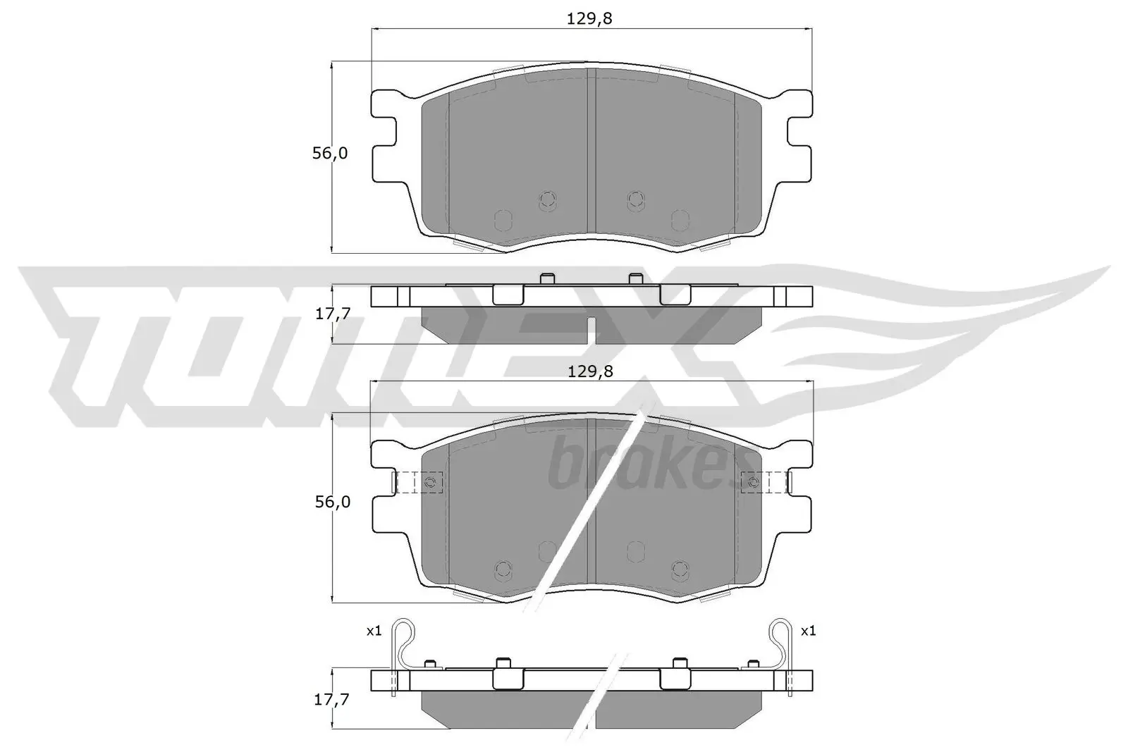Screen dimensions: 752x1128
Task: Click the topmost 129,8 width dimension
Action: pos(589,19)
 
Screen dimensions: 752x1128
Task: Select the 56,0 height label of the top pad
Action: pos(330,153)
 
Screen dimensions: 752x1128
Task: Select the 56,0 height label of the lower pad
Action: pos(330,502)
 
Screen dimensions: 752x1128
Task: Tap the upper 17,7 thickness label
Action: pos(332,314)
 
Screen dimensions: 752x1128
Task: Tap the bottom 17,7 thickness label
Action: pos(332,700)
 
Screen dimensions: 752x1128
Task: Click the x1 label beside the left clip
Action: pos(374,631)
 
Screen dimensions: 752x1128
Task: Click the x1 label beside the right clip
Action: pos(808,631)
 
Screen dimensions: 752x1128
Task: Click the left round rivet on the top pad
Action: pos(546,200)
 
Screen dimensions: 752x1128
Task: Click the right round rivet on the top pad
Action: pos(636,200)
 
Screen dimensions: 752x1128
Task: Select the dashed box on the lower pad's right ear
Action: pos(764,482)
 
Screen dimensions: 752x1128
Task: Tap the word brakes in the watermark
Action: pos(645,465)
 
